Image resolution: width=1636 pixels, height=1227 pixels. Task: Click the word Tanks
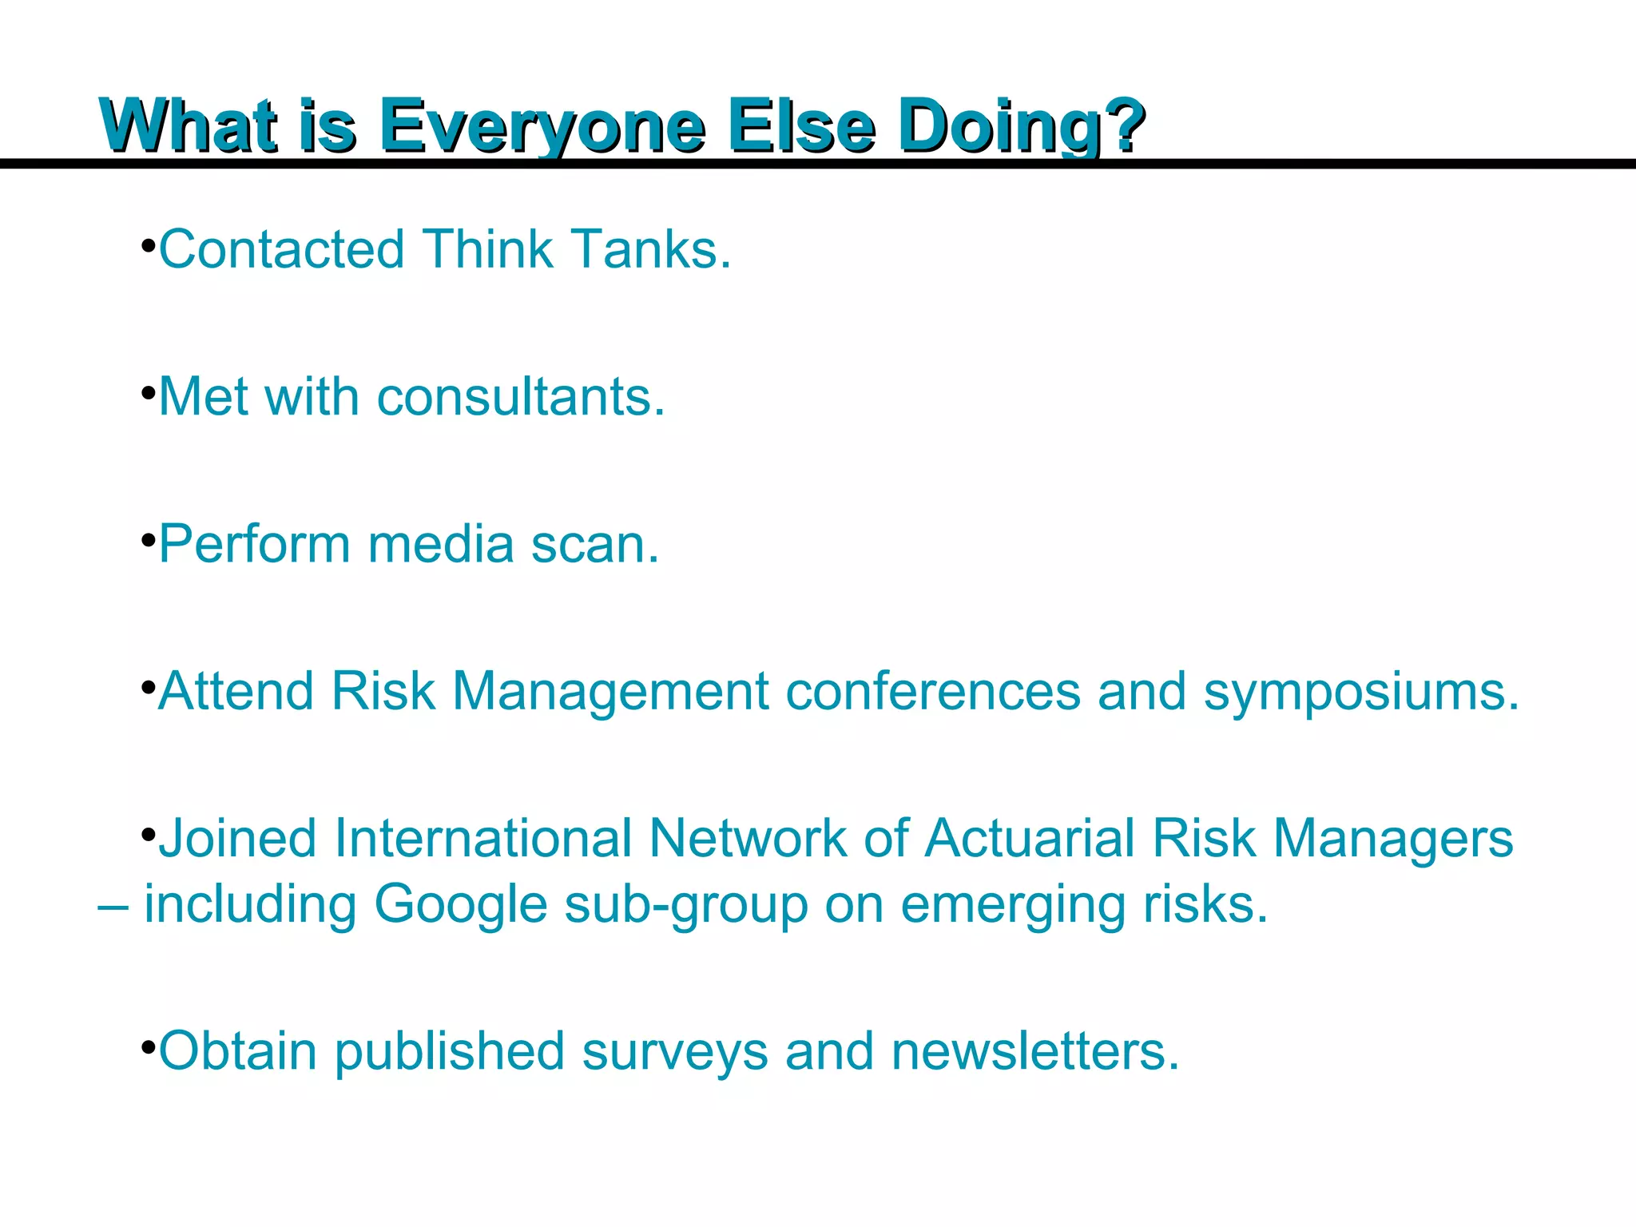[x=650, y=249]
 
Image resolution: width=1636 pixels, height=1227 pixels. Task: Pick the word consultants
[x=521, y=397]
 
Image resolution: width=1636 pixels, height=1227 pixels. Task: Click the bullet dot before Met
[x=148, y=394]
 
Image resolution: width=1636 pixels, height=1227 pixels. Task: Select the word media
[x=441, y=545]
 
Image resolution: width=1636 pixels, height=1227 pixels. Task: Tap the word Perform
[x=254, y=545]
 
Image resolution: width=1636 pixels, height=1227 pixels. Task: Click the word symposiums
[x=1361, y=692]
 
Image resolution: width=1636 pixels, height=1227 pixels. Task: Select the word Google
[x=460, y=906]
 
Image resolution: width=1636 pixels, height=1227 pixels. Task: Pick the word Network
[x=748, y=839]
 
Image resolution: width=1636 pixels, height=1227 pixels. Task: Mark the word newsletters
[x=1035, y=1051]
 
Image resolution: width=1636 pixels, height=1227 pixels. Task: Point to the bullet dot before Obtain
[x=148, y=1046]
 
